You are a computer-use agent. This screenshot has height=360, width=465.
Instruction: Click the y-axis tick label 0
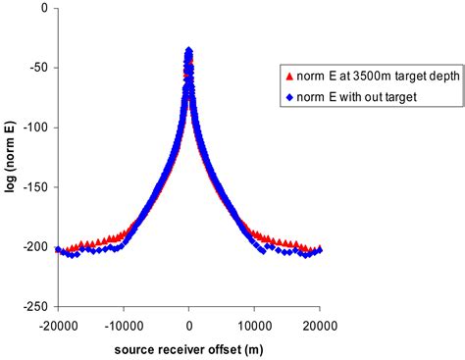pyautogui.click(x=45, y=9)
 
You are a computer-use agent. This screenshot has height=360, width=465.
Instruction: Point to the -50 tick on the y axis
pyautogui.click(x=39, y=68)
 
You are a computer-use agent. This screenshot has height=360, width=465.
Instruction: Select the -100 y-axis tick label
pyautogui.click(x=36, y=128)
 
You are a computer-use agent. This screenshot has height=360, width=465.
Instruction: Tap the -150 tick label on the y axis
pyautogui.click(x=36, y=186)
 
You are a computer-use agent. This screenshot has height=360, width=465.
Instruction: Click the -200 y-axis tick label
pyautogui.click(x=36, y=246)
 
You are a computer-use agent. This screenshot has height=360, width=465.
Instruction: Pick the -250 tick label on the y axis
pyautogui.click(x=36, y=305)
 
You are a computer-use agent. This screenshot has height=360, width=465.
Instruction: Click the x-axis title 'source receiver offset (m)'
pyautogui.click(x=188, y=346)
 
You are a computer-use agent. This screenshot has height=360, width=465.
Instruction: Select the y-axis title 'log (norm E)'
pyautogui.click(x=12, y=157)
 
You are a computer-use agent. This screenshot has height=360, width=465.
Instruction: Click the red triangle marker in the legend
pyautogui.click(x=286, y=76)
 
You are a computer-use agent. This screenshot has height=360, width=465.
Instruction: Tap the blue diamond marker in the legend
pyautogui.click(x=286, y=97)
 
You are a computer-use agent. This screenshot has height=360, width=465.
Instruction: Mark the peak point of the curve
pyautogui.click(x=188, y=50)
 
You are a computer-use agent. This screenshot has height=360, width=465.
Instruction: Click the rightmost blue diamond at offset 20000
pyautogui.click(x=319, y=250)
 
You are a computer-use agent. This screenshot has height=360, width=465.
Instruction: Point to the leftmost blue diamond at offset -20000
pyautogui.click(x=59, y=250)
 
